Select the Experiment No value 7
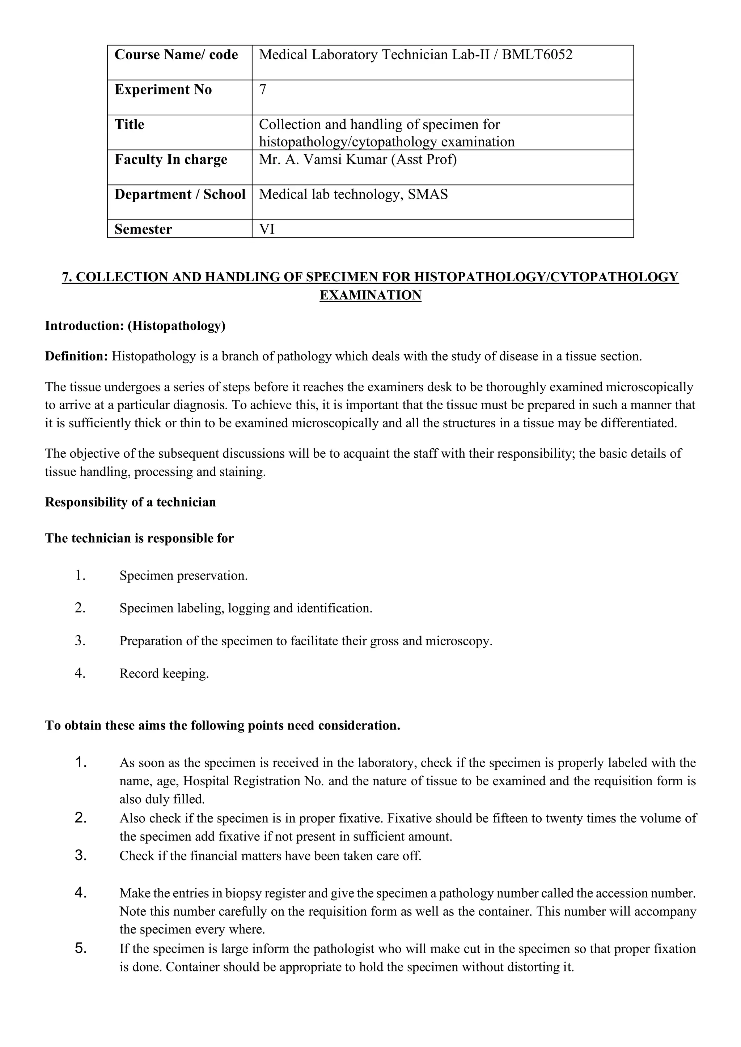pos(263,90)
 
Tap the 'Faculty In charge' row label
pos(171,159)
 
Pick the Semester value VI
pos(267,229)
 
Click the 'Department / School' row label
pos(180,195)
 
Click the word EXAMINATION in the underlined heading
pos(370,295)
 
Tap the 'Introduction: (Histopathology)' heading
pos(135,326)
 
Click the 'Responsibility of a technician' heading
pos(131,503)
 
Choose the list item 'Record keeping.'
pos(164,674)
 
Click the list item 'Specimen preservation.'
pos(183,576)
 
